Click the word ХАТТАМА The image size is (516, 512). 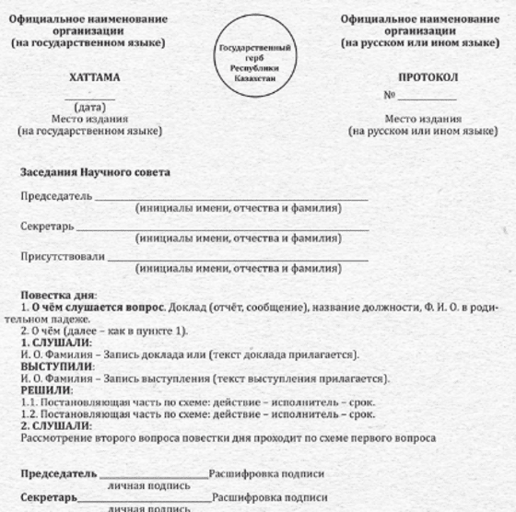pos(95,78)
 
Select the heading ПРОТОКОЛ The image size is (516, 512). pos(428,78)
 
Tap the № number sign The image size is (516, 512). pos(389,96)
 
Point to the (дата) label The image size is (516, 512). pos(89,108)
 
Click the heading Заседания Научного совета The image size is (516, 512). pos(95,172)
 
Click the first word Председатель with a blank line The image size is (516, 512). pos(56,197)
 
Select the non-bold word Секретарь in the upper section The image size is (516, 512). pos(47,227)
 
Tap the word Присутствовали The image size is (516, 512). pos(63,256)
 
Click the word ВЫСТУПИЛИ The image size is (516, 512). pos(56,367)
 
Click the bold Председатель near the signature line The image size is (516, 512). pos(58,473)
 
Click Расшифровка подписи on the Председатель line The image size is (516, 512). pos(267,473)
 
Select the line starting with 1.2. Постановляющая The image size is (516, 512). pos(197,414)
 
